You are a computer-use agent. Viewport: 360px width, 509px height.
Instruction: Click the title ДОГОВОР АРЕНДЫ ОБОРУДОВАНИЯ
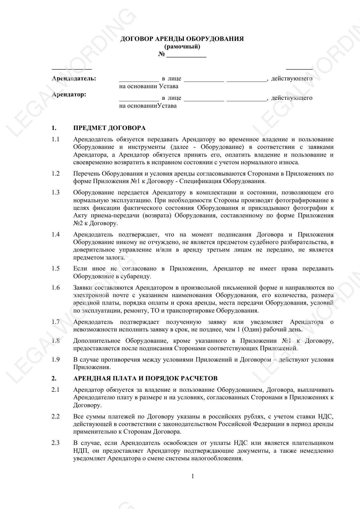coord(182,39)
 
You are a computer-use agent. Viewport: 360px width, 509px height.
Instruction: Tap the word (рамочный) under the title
coord(182,46)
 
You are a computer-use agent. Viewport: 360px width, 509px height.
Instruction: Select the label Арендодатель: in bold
coord(74,78)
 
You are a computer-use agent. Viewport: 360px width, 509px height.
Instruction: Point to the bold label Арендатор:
coord(69,94)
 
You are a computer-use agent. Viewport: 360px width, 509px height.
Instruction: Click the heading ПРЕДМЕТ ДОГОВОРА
coord(109,128)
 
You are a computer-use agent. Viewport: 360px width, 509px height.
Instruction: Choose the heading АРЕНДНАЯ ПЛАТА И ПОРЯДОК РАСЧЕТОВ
coord(145,378)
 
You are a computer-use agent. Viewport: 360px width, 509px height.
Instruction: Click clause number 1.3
coord(56,192)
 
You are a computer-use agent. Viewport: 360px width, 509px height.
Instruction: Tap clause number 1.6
coord(56,288)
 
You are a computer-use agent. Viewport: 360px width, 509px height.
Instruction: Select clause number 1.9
coord(56,360)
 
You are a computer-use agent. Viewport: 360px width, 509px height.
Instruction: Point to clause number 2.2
coord(56,416)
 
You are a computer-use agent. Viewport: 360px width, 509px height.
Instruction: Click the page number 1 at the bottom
coord(193,476)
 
